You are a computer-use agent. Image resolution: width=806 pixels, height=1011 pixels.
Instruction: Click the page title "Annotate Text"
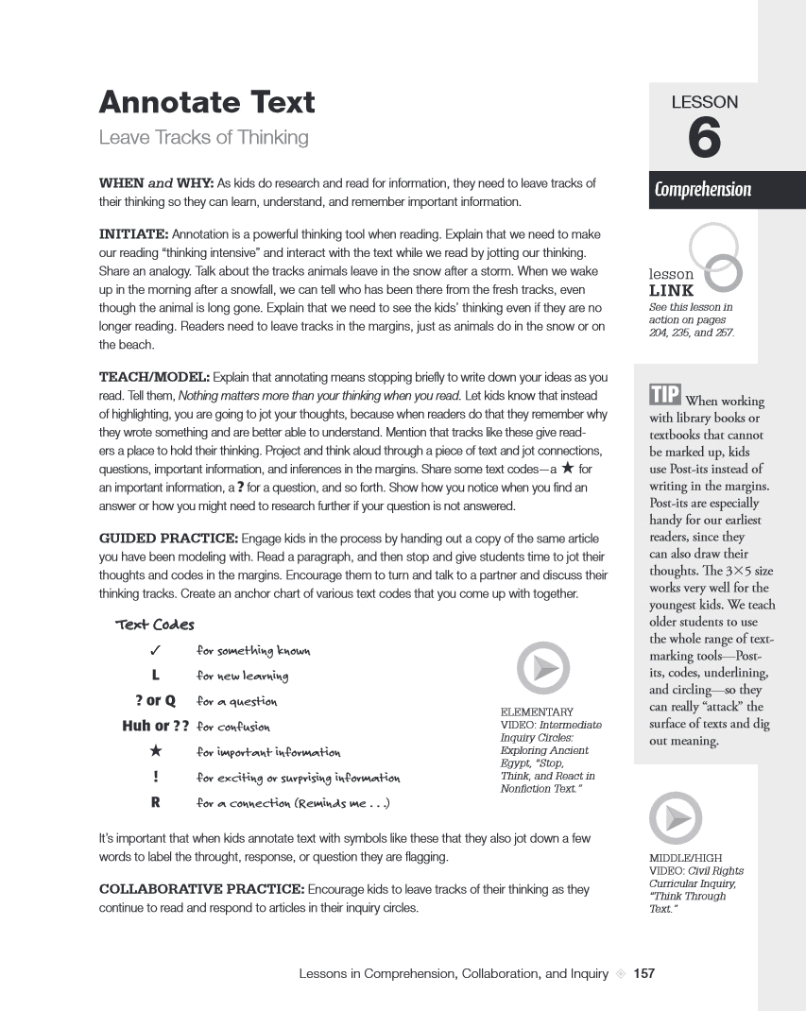pyautogui.click(x=207, y=102)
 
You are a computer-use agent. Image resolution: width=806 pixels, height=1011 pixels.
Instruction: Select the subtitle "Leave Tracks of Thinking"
pyautogui.click(x=204, y=138)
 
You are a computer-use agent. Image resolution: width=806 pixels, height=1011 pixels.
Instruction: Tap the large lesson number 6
pyautogui.click(x=704, y=140)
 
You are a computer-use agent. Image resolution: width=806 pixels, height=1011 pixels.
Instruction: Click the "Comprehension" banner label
pyautogui.click(x=702, y=189)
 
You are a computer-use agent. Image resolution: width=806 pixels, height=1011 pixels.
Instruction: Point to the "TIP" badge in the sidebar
pyautogui.click(x=665, y=395)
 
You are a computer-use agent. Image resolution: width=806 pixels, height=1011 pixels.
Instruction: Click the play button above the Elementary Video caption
pyautogui.click(x=543, y=668)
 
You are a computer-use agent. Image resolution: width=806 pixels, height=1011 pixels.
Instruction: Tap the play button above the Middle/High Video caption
pyautogui.click(x=676, y=817)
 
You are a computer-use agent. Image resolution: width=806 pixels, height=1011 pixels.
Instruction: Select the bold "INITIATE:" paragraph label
pyautogui.click(x=134, y=233)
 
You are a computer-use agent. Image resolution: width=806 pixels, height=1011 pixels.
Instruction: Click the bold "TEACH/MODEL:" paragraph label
pyautogui.click(x=147, y=378)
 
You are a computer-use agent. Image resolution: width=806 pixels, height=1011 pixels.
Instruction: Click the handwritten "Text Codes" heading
pyautogui.click(x=155, y=625)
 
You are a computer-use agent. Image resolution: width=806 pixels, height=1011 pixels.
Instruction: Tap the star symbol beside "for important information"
pyautogui.click(x=155, y=752)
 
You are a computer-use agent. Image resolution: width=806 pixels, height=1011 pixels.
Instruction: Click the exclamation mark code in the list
pyautogui.click(x=155, y=778)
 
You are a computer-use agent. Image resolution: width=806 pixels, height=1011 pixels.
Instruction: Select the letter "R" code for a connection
pyautogui.click(x=155, y=803)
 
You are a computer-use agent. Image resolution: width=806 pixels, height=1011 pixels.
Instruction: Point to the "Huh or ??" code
pyautogui.click(x=156, y=727)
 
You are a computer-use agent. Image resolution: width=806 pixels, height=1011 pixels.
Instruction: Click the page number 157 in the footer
pyautogui.click(x=643, y=973)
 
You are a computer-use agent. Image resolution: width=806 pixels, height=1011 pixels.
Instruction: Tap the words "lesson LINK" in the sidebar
pyautogui.click(x=672, y=283)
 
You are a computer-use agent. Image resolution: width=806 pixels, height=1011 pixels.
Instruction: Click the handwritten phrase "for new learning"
pyautogui.click(x=242, y=676)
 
